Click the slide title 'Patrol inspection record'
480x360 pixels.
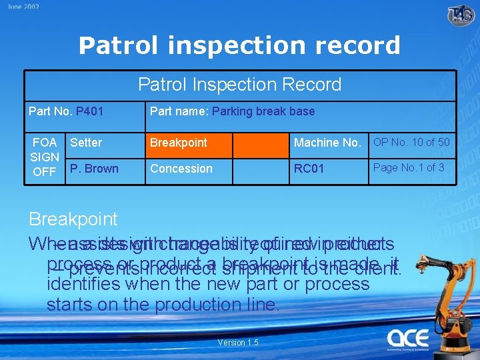click(x=239, y=45)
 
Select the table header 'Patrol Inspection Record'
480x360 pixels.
click(x=239, y=85)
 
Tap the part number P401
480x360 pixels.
click(x=89, y=111)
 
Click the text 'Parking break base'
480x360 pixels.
click(x=263, y=111)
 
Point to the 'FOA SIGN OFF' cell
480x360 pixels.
click(x=45, y=157)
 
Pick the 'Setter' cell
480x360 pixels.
click(x=86, y=142)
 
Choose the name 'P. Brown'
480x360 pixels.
click(x=94, y=169)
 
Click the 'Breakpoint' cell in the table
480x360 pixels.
click(x=179, y=142)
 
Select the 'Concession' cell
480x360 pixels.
click(x=181, y=169)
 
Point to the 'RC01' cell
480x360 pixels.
click(x=309, y=169)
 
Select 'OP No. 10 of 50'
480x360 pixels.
click(x=411, y=142)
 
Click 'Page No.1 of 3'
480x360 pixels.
click(x=409, y=167)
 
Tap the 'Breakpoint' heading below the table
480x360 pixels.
click(x=73, y=219)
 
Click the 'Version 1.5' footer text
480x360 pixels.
click(x=238, y=343)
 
